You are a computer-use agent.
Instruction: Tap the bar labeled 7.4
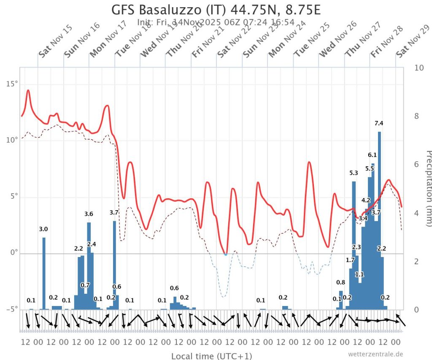379,219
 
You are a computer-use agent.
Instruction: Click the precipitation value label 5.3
354,173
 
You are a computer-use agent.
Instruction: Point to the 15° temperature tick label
11,84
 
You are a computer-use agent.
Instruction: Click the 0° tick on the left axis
14,253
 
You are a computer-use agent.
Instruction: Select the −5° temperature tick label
11,309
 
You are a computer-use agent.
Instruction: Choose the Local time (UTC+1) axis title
211,356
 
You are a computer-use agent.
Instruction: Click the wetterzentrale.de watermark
375,354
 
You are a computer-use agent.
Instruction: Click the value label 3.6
89,214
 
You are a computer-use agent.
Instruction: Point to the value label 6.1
372,155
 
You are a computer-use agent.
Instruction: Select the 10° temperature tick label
11,140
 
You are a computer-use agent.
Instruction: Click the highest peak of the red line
28,90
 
